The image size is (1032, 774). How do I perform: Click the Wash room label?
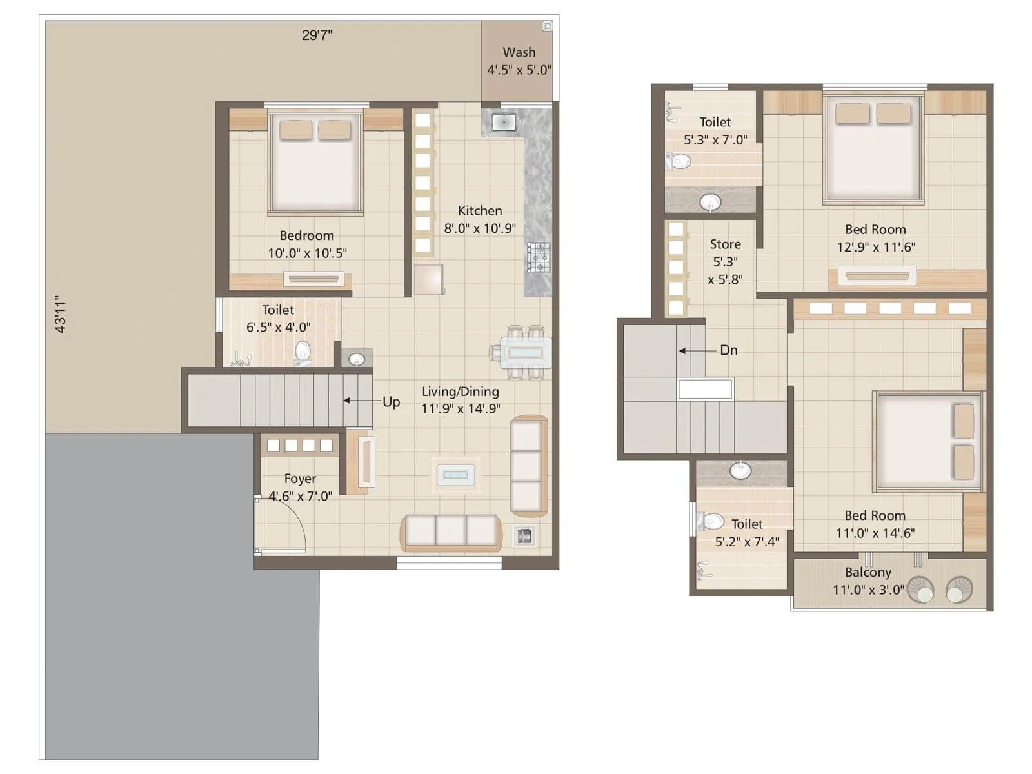(519, 52)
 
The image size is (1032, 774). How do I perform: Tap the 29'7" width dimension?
(317, 35)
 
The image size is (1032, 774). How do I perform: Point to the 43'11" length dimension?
(61, 314)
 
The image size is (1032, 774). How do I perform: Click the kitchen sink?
(503, 122)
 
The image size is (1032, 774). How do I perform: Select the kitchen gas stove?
(539, 257)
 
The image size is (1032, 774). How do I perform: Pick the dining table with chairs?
(526, 353)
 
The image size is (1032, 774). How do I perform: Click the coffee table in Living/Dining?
(455, 475)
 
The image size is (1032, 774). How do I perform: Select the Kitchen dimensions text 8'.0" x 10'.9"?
(480, 228)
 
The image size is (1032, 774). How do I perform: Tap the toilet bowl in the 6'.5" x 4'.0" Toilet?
(303, 352)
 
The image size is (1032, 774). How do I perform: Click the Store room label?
(725, 244)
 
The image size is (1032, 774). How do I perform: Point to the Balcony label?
(868, 572)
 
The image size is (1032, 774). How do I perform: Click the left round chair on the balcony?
(920, 590)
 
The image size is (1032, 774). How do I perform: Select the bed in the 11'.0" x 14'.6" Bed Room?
(927, 442)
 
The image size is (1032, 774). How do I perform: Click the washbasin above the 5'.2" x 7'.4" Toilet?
(740, 470)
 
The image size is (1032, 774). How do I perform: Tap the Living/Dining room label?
(460, 392)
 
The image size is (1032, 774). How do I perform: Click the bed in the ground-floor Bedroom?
(315, 164)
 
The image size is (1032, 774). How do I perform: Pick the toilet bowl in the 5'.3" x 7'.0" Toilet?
(679, 161)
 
